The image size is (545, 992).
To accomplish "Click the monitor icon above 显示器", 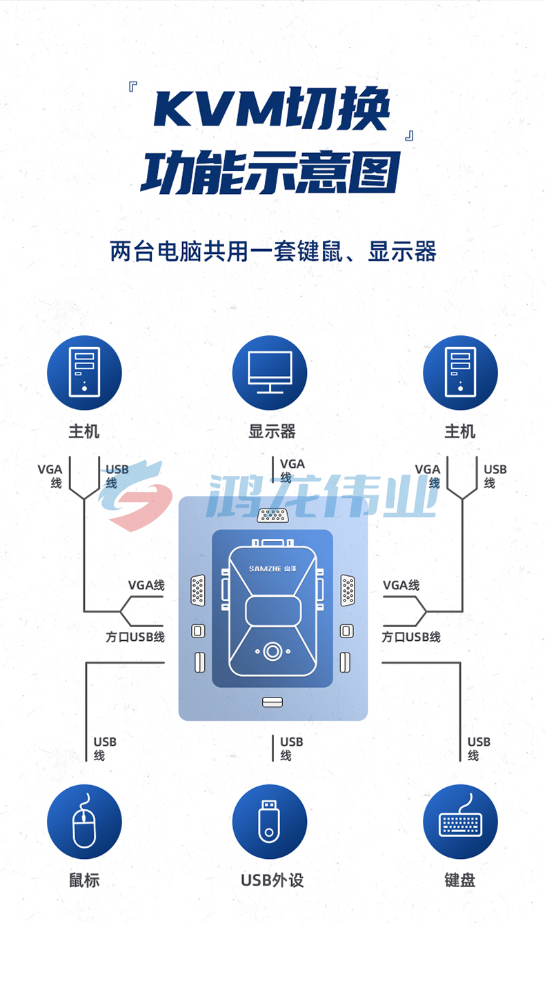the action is coord(270,373).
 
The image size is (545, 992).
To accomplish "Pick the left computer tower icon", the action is coord(84,373).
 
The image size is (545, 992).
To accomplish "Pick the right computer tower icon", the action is coord(460,373).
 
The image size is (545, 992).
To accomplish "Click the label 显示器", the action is coord(272,431).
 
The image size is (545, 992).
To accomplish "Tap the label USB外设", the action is coord(272,880).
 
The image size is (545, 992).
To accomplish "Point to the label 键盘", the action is coord(460,880).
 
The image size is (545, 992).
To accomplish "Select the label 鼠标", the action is coord(84,880).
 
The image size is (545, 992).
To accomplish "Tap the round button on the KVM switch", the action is coord(272,651).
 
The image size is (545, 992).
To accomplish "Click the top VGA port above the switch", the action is coord(272,515).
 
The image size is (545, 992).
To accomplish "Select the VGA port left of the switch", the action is coord(197,590).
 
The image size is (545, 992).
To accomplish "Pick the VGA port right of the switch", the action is coord(348,590).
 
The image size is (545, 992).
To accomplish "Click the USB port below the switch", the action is coord(272,702).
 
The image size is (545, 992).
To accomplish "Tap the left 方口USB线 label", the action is coord(135,637).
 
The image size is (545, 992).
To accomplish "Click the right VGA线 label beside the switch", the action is coord(401,585).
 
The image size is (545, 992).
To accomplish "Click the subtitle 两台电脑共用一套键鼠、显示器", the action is coord(272,251).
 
